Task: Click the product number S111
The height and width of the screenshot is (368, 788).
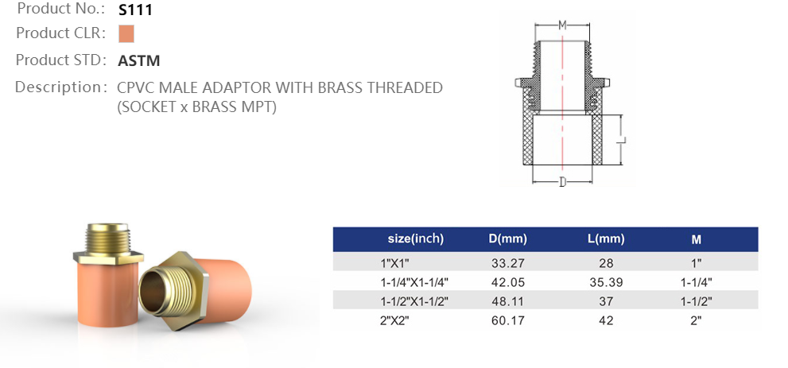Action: [x=135, y=10]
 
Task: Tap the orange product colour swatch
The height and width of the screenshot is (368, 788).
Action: [x=126, y=34]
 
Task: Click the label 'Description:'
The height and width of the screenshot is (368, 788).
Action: [x=60, y=87]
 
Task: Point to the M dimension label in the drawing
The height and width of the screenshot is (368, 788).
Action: [x=562, y=25]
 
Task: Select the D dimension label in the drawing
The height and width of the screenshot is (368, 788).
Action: [x=562, y=182]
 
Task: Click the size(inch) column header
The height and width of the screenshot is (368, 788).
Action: [x=415, y=238]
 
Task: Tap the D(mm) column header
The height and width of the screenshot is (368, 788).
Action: [x=507, y=238]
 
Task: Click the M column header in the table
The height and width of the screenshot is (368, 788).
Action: [x=696, y=239]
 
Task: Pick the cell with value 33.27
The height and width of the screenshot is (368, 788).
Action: [x=507, y=262]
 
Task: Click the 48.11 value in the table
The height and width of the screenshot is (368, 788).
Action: [x=507, y=300]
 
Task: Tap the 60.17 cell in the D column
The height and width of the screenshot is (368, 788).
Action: [x=507, y=320]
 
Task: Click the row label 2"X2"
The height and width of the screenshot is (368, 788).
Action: [x=398, y=320]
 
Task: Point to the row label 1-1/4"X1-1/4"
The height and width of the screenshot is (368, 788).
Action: [x=415, y=281]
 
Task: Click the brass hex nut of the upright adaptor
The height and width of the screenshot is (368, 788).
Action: [x=107, y=257]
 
